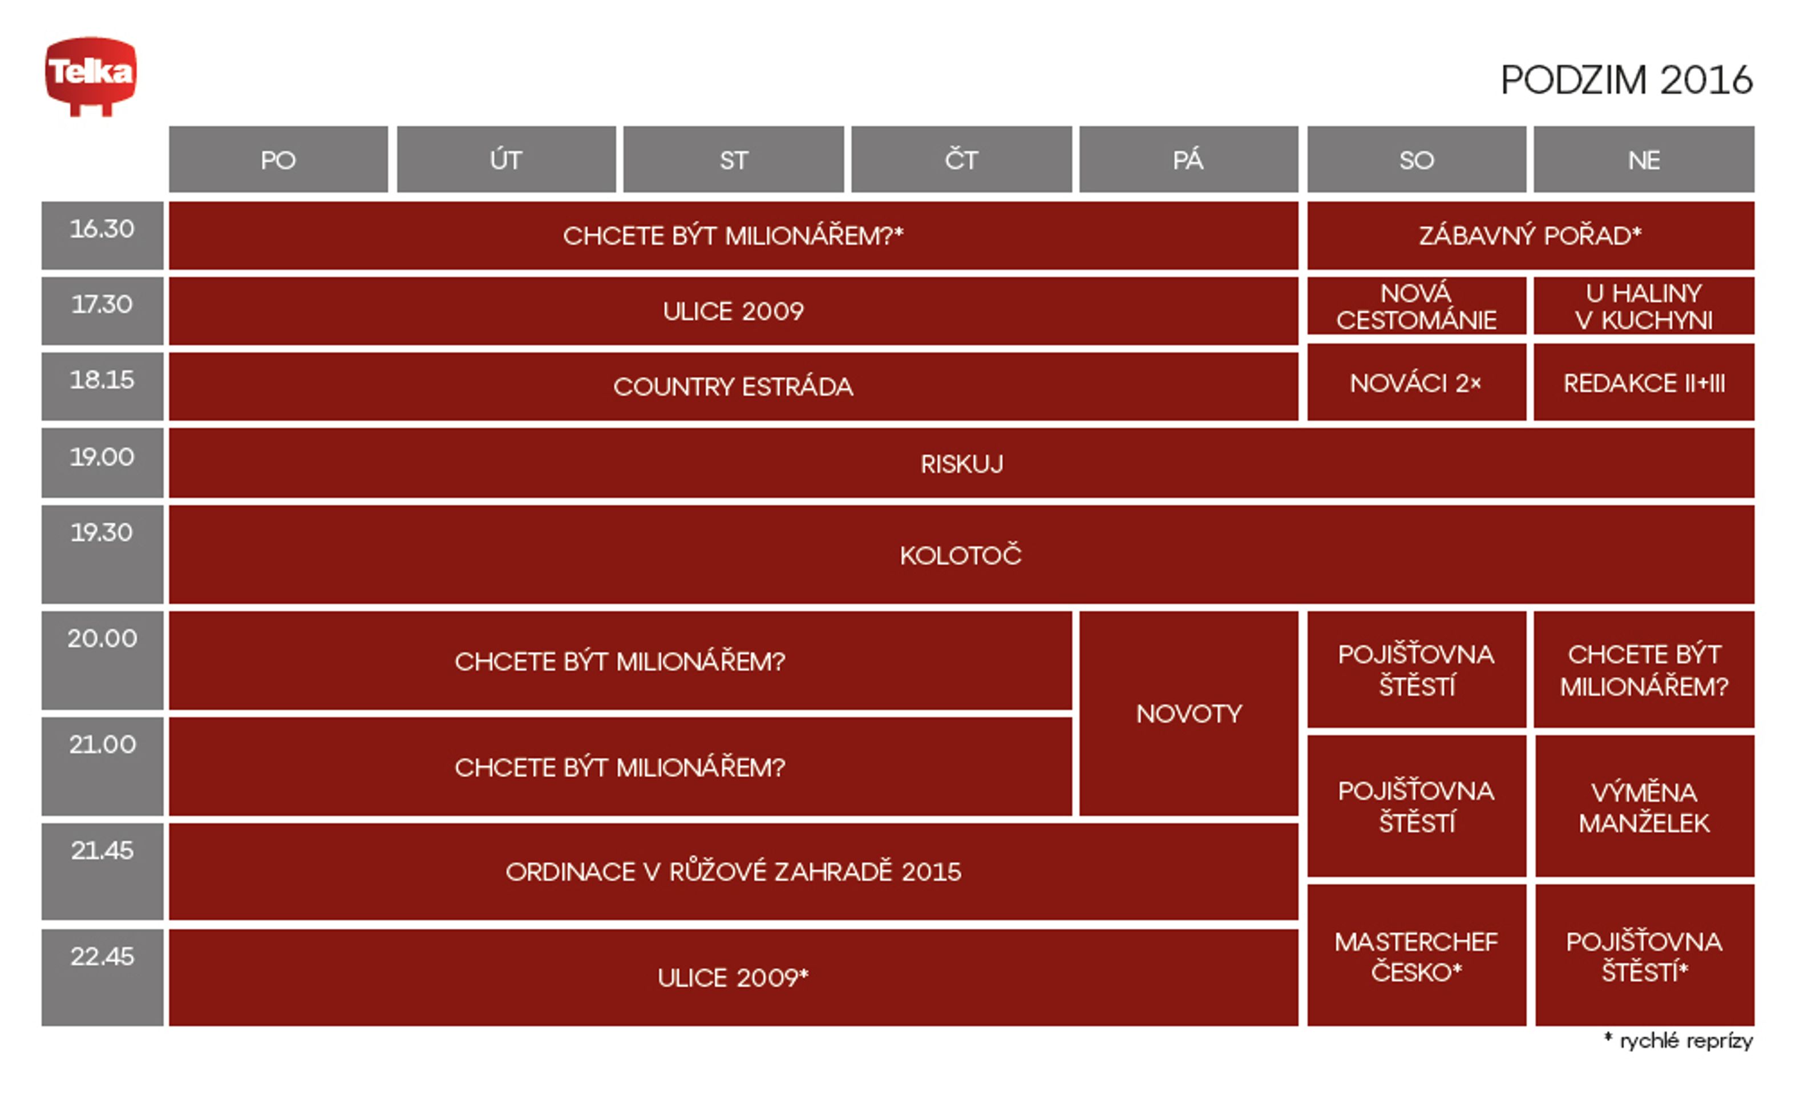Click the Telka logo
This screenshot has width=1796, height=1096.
click(x=90, y=76)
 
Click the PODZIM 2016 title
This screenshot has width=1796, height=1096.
click(x=1626, y=80)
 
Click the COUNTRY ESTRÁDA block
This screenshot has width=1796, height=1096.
click(x=733, y=386)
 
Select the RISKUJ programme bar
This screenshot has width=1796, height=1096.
click(x=961, y=463)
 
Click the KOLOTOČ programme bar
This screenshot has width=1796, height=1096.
click(x=961, y=555)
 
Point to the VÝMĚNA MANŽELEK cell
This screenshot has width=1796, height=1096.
click(x=1644, y=806)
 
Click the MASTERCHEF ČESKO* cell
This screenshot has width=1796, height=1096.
click(x=1416, y=955)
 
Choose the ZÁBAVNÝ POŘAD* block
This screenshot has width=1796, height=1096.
click(x=1531, y=236)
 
